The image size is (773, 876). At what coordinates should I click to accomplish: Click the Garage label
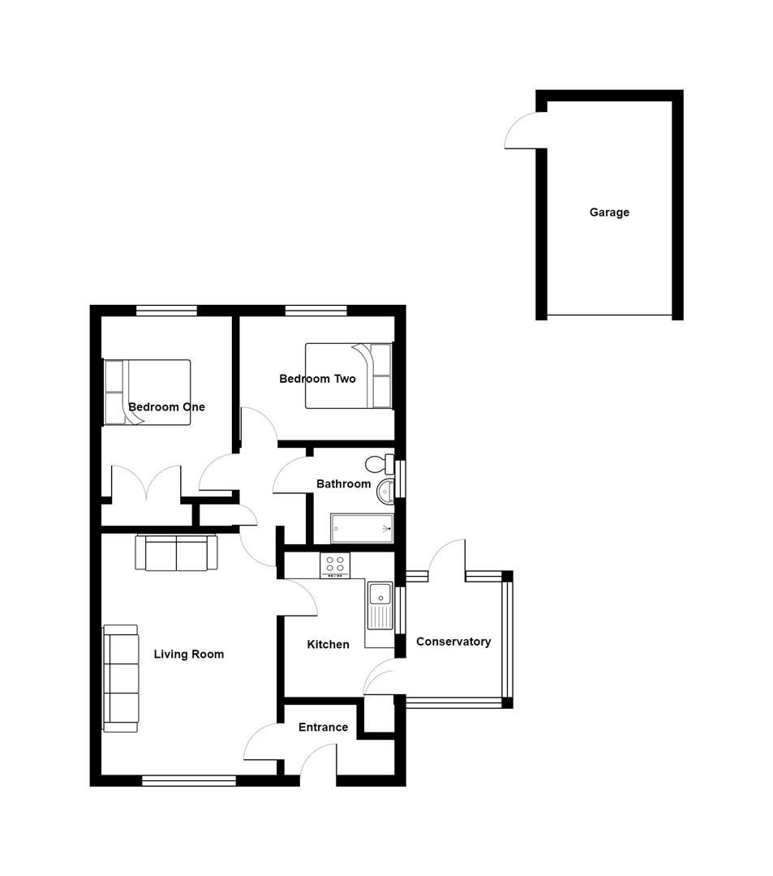point(609,213)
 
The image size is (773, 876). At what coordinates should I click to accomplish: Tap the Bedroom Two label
point(317,379)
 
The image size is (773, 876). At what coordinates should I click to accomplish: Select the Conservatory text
point(453,642)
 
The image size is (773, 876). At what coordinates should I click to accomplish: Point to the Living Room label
point(189,655)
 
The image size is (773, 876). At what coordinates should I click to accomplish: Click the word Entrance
point(323,728)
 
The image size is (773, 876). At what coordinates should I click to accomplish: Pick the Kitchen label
point(328,645)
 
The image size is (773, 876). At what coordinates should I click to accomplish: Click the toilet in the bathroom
point(378,465)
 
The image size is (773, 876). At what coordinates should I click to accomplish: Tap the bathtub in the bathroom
point(362,529)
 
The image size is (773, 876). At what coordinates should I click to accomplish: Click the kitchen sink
point(379,605)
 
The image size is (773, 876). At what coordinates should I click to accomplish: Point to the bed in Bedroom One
point(148,393)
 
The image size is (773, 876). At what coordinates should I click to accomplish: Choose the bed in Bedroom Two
point(348,376)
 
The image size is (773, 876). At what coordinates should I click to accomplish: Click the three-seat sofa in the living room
point(120,678)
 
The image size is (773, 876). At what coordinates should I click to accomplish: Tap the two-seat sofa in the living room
point(176,554)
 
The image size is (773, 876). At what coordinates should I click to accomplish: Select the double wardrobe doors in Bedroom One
point(146,483)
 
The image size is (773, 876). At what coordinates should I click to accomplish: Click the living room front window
point(189,781)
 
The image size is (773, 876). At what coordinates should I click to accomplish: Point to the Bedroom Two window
point(316,310)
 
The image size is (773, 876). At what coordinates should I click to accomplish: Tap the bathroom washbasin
point(385,490)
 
